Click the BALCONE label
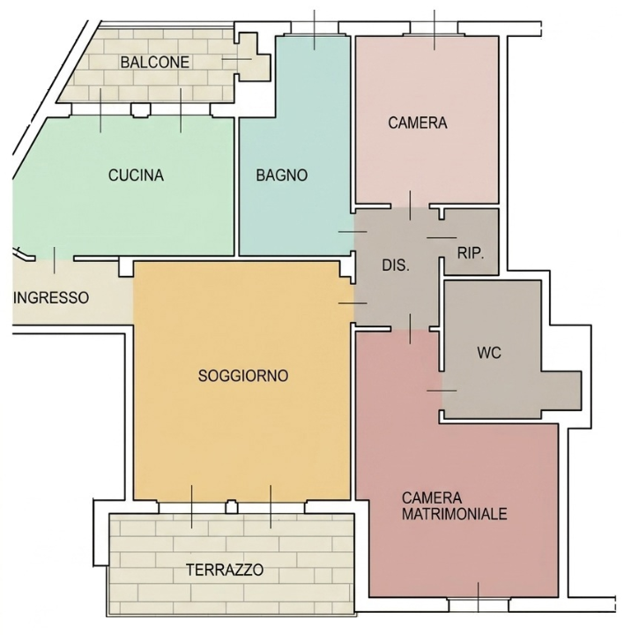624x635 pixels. tap(155, 63)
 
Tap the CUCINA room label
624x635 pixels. tap(136, 176)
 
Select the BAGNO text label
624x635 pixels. tap(282, 176)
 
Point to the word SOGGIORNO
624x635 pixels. tap(243, 376)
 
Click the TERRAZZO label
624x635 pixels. tap(225, 570)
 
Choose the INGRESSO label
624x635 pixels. tap(51, 298)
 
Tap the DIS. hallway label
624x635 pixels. tap(396, 265)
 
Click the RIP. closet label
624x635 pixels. tap(471, 253)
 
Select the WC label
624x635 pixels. tap(489, 353)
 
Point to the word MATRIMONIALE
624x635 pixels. tap(455, 514)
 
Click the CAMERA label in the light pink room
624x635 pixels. tap(418, 123)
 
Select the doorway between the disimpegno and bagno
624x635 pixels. tap(353, 232)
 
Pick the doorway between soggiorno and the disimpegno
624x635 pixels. tap(353, 303)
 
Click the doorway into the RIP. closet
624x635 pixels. tap(442, 238)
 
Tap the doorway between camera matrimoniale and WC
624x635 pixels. tap(442, 391)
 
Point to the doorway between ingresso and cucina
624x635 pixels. tap(55, 258)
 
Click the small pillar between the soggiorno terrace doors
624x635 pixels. tap(232, 506)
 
